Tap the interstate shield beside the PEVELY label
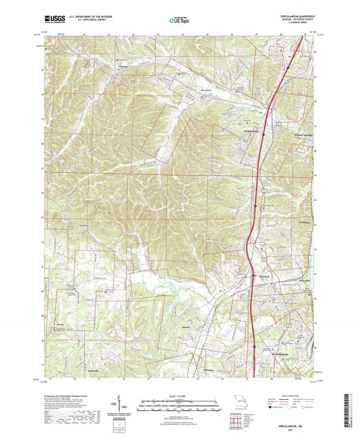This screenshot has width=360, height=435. coord(254,276)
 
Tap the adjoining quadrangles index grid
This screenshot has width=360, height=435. coord(238,419)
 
